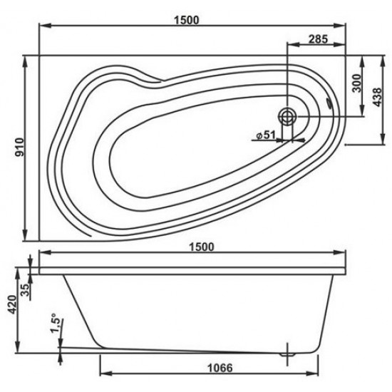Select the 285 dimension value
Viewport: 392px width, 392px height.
[318, 39]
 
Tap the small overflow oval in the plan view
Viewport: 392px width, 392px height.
[329, 103]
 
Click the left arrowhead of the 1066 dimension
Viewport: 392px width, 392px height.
[100, 374]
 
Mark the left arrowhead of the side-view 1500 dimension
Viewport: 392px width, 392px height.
[43, 253]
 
